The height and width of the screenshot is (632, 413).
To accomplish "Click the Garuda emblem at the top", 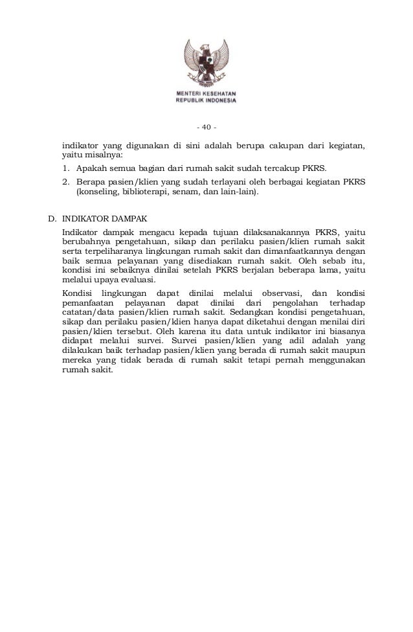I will click(x=206, y=65).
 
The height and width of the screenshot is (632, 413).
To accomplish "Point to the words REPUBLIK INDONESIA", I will click(x=206, y=101).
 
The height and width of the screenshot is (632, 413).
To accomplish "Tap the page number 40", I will click(x=206, y=126).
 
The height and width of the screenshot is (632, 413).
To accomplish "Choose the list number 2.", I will click(x=66, y=182).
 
